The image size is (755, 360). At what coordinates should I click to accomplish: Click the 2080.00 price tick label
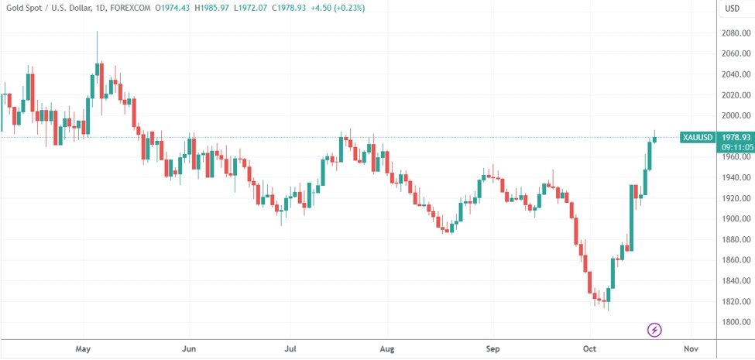tap(735, 33)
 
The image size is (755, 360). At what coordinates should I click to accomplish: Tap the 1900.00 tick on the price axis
tap(735, 219)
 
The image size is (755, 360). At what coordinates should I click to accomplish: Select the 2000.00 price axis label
tap(735, 116)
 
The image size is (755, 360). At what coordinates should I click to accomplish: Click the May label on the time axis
tap(84, 349)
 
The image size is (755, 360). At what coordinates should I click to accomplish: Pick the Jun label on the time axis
tap(189, 349)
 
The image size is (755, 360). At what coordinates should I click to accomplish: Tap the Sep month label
tap(492, 349)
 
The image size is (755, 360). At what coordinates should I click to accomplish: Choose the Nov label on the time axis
tap(692, 349)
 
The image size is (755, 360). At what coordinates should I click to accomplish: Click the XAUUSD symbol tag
tap(698, 137)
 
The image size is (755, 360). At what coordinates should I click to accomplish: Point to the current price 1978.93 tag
tap(736, 137)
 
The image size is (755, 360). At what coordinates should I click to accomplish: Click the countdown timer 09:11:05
tap(736, 146)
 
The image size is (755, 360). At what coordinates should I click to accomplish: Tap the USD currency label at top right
tap(732, 9)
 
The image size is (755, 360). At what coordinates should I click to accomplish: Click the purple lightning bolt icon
tap(654, 331)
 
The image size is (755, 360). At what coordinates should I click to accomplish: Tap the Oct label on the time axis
tap(591, 349)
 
